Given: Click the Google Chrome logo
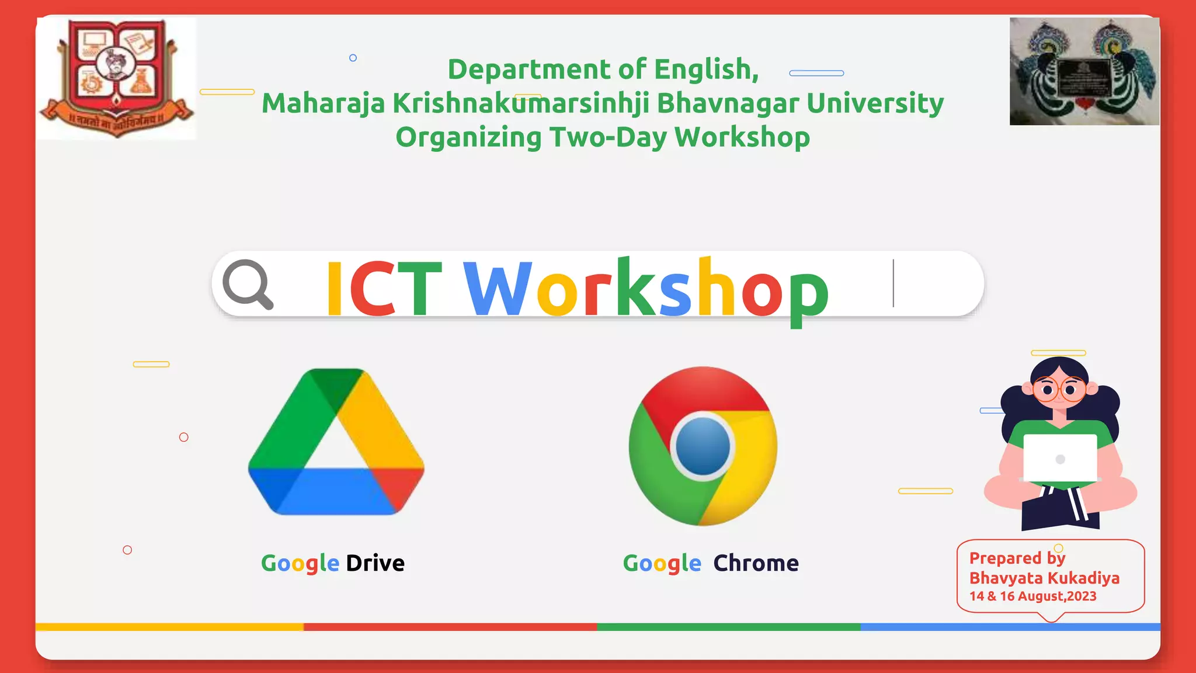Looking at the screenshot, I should [703, 445].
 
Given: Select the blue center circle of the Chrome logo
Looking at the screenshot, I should [703, 446].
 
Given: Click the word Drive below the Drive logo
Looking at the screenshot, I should [375, 563].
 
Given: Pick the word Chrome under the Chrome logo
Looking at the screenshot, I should [756, 563].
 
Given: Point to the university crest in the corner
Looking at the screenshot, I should [117, 78].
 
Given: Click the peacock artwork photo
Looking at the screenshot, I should [1084, 71].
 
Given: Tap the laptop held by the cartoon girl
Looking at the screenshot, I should [1060, 459].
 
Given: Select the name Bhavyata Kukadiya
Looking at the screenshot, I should [1044, 578].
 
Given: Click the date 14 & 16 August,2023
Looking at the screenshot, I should [1032, 596].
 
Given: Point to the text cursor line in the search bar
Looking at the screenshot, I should [893, 283].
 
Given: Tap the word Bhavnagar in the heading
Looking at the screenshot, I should [728, 103].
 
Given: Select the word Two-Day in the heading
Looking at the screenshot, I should [607, 137].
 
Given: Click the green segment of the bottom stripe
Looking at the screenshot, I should [728, 627].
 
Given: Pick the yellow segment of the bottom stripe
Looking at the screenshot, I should [169, 627].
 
